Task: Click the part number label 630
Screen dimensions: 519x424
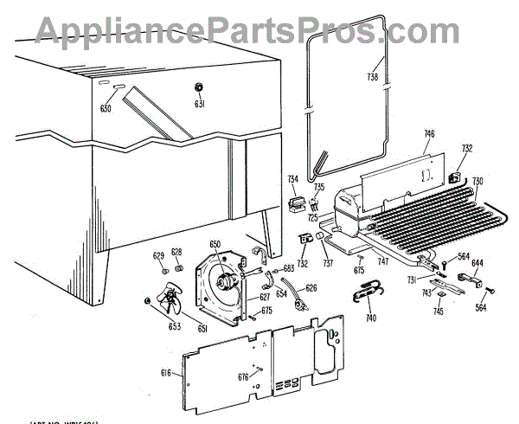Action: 106,109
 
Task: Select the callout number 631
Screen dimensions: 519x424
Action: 198,105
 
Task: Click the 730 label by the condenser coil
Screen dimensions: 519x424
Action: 477,181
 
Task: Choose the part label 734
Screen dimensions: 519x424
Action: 293,178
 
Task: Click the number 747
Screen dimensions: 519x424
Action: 382,260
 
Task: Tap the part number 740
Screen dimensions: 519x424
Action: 371,318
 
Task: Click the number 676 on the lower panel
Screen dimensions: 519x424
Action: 243,376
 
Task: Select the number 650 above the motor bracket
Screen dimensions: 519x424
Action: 215,246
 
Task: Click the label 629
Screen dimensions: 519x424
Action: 158,254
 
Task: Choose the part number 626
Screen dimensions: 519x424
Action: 311,287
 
